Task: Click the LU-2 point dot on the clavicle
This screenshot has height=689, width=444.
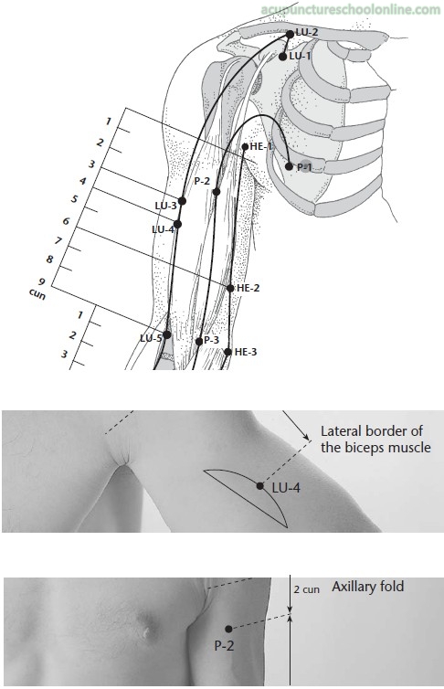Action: pyautogui.click(x=290, y=34)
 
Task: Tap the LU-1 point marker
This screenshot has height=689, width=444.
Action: pyautogui.click(x=283, y=57)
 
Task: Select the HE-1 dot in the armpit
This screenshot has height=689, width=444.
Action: pyautogui.click(x=245, y=146)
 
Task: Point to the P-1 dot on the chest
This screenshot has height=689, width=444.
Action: pyautogui.click(x=289, y=166)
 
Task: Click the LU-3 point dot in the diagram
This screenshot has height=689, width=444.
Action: pyautogui.click(x=182, y=201)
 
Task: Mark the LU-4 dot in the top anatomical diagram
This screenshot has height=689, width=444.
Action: pyautogui.click(x=177, y=224)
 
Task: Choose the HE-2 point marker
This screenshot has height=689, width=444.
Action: pyautogui.click(x=230, y=288)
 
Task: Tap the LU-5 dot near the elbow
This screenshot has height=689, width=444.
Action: pyautogui.click(x=167, y=334)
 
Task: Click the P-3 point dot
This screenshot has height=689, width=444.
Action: pyautogui.click(x=199, y=342)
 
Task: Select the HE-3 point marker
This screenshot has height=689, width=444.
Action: pyautogui.click(x=227, y=352)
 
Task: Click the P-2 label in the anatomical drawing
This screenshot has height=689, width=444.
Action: pyautogui.click(x=202, y=181)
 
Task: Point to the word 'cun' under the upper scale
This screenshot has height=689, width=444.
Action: pyautogui.click(x=37, y=293)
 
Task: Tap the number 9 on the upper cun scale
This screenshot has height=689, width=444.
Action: pyautogui.click(x=42, y=281)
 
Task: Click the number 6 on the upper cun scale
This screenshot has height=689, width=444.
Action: pyautogui.click(x=66, y=221)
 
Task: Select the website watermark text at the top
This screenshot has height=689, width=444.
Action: pyautogui.click(x=350, y=10)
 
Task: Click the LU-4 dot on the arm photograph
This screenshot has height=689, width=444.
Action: pyautogui.click(x=260, y=485)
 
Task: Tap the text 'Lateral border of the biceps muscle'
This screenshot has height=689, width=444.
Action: pyautogui.click(x=375, y=439)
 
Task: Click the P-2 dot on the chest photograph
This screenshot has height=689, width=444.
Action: pyautogui.click(x=228, y=629)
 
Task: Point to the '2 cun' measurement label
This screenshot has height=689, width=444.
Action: pyautogui.click(x=307, y=589)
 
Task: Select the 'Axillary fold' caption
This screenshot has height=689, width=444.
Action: pyautogui.click(x=367, y=586)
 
